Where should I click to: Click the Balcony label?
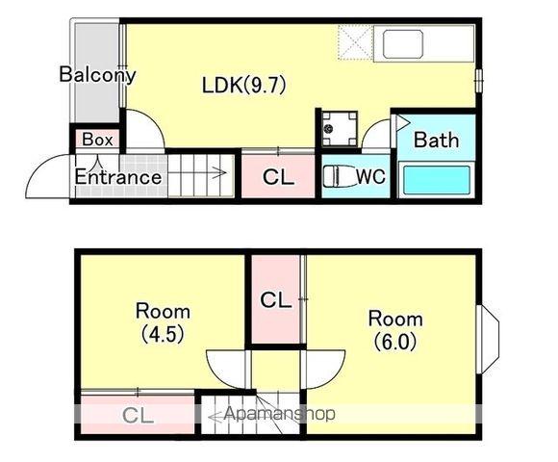97,75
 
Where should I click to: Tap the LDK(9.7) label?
244,86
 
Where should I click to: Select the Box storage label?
97,140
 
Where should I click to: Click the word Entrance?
118,177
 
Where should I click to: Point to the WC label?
370,176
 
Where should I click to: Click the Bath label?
436,140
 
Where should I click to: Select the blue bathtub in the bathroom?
437,180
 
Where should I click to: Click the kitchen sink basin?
403,44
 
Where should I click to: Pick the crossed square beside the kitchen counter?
355,42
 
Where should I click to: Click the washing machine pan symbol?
340,128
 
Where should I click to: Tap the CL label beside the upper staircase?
278,177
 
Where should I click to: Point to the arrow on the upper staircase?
197,173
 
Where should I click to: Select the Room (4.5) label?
163,322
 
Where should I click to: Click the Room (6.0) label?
395,330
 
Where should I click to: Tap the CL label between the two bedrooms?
276,300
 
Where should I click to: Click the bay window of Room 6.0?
489,339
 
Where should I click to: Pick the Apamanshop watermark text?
280,414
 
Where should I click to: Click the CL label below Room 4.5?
138,415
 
